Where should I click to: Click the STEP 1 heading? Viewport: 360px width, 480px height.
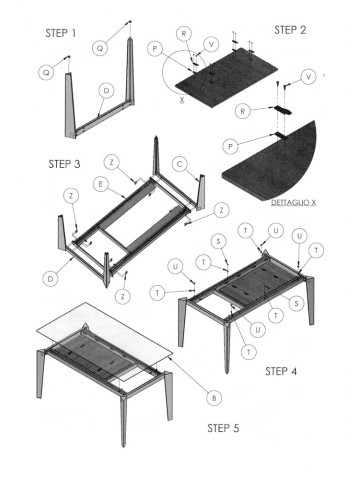click(x=61, y=33)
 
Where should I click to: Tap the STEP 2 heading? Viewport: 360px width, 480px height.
click(x=290, y=30)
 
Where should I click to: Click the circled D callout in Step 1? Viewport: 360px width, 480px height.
click(x=106, y=91)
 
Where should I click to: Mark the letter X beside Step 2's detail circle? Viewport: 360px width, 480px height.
click(x=180, y=102)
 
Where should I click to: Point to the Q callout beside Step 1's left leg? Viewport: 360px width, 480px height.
click(x=44, y=72)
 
